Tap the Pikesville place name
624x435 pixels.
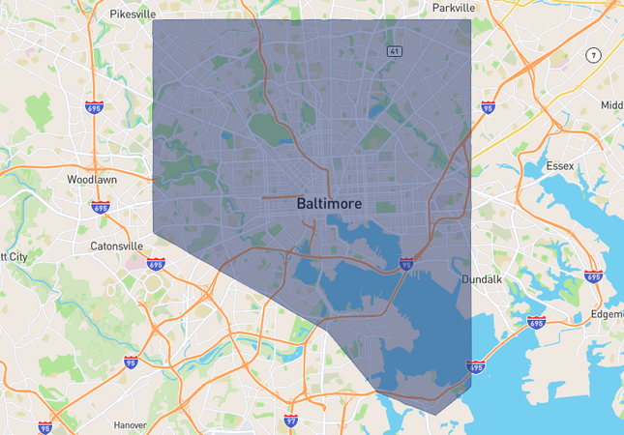[x=133, y=14]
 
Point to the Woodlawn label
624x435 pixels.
[x=92, y=180]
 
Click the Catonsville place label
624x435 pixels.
[x=116, y=246]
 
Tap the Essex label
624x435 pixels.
[x=559, y=166]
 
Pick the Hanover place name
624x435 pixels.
[x=129, y=424]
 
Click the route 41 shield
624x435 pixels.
[x=394, y=50]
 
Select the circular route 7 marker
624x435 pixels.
[x=592, y=54]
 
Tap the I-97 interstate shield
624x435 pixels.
[x=291, y=420]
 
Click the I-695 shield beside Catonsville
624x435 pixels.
[x=155, y=263]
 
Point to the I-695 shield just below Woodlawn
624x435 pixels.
[x=100, y=206]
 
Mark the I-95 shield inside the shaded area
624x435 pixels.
[x=406, y=263]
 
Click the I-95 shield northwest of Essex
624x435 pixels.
[x=488, y=110]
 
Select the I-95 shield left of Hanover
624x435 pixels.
[x=45, y=426]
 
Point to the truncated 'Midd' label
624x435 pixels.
[x=611, y=104]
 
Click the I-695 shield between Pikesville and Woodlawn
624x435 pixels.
[x=94, y=106]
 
